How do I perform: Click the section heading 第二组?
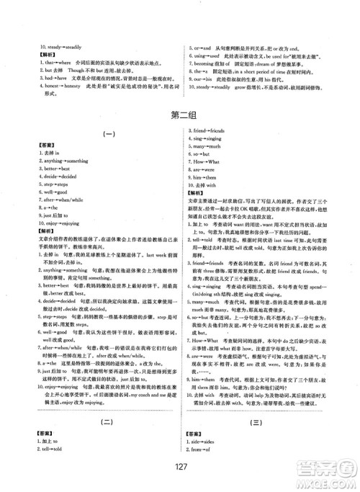pyautogui.click(x=179, y=115)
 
